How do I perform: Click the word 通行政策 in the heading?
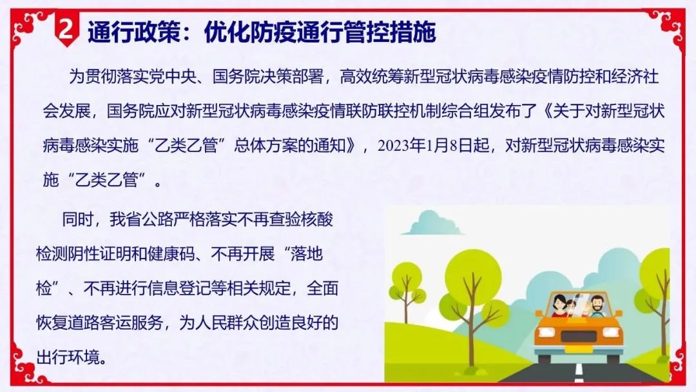coord(135,32)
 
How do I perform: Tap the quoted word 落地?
coord(306,254)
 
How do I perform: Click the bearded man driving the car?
coord(597,306)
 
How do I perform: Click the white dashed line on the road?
coord(578,372)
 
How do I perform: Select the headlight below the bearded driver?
coord(610,331)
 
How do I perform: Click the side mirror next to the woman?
coord(539,313)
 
